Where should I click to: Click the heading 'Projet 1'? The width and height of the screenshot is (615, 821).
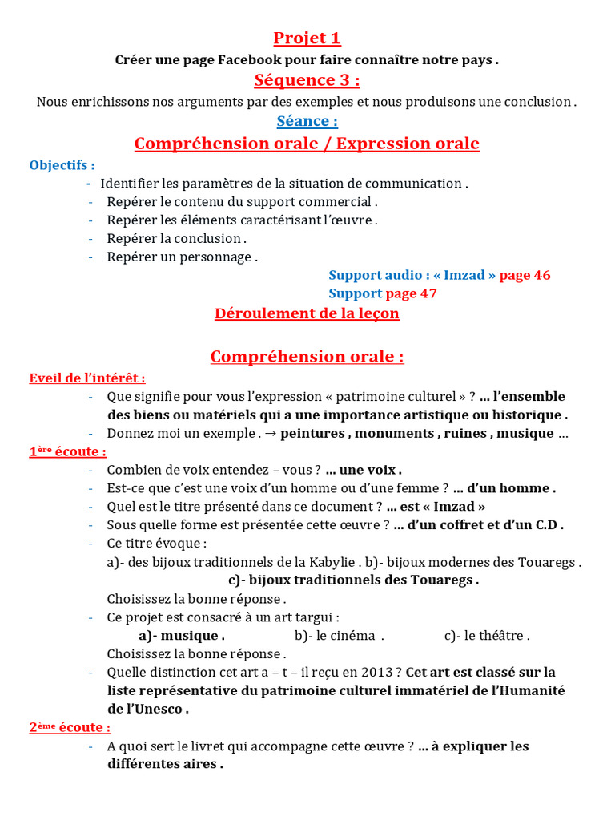307,38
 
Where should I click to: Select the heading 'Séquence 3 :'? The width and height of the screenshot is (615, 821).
307,80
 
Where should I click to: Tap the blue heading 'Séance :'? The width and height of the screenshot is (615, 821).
307,122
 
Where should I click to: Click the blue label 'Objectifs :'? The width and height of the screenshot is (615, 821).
62,165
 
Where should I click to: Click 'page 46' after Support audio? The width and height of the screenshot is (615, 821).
525,275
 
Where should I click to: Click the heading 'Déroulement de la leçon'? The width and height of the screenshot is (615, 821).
307,313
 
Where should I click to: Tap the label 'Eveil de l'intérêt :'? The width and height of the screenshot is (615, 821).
87,378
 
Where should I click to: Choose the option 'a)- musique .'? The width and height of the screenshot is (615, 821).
182,636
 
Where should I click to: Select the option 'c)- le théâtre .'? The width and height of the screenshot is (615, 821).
486,636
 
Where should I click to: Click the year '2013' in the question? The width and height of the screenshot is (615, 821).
385,673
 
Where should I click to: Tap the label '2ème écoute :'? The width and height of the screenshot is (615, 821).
70,728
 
